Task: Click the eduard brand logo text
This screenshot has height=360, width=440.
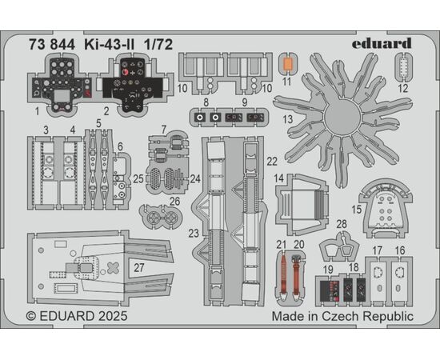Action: pyautogui.click(x=382, y=43)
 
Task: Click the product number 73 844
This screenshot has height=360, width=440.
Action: pyautogui.click(x=52, y=45)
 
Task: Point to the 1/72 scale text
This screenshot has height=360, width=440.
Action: pyautogui.click(x=158, y=45)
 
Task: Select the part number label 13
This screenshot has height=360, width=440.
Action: pyautogui.click(x=288, y=119)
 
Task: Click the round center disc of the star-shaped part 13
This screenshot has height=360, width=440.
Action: pyautogui.click(x=342, y=118)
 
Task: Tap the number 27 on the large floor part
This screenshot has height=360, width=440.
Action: pyautogui.click(x=139, y=268)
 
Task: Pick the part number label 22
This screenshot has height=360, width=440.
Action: pyautogui.click(x=272, y=162)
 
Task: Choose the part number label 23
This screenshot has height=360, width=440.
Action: pyautogui.click(x=194, y=233)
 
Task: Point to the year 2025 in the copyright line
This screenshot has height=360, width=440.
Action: pyautogui.click(x=113, y=316)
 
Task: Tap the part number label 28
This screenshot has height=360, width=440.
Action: pyautogui.click(x=342, y=224)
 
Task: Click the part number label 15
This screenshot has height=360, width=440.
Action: pyautogui.click(x=356, y=210)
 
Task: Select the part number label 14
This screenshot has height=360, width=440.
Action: pyautogui.click(x=279, y=178)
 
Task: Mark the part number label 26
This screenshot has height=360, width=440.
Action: pyautogui.click(x=174, y=201)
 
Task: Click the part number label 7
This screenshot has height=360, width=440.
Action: pyautogui.click(x=164, y=130)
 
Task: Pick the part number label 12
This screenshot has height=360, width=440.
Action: pyautogui.click(x=403, y=88)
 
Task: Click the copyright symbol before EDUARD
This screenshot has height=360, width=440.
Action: pyautogui.click(x=31, y=316)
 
